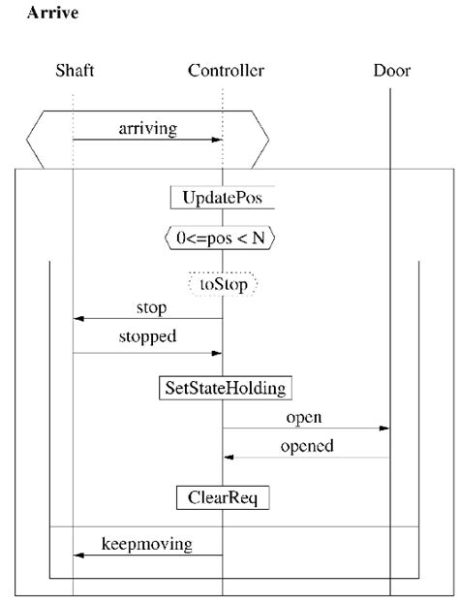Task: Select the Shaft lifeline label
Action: (74, 70)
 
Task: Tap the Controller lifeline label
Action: (225, 70)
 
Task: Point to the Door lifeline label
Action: (391, 70)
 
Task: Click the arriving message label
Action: (147, 127)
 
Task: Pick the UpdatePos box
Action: (223, 197)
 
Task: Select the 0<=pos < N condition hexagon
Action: (223, 236)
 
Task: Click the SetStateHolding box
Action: (224, 388)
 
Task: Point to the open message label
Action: (304, 418)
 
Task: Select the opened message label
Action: (307, 446)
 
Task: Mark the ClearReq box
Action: (223, 497)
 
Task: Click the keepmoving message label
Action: (147, 544)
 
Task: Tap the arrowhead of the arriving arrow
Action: (218, 140)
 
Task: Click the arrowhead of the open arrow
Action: (385, 429)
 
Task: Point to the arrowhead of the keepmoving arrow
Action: (78, 556)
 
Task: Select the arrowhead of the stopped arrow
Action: (218, 353)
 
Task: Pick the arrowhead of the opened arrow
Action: (229, 457)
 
